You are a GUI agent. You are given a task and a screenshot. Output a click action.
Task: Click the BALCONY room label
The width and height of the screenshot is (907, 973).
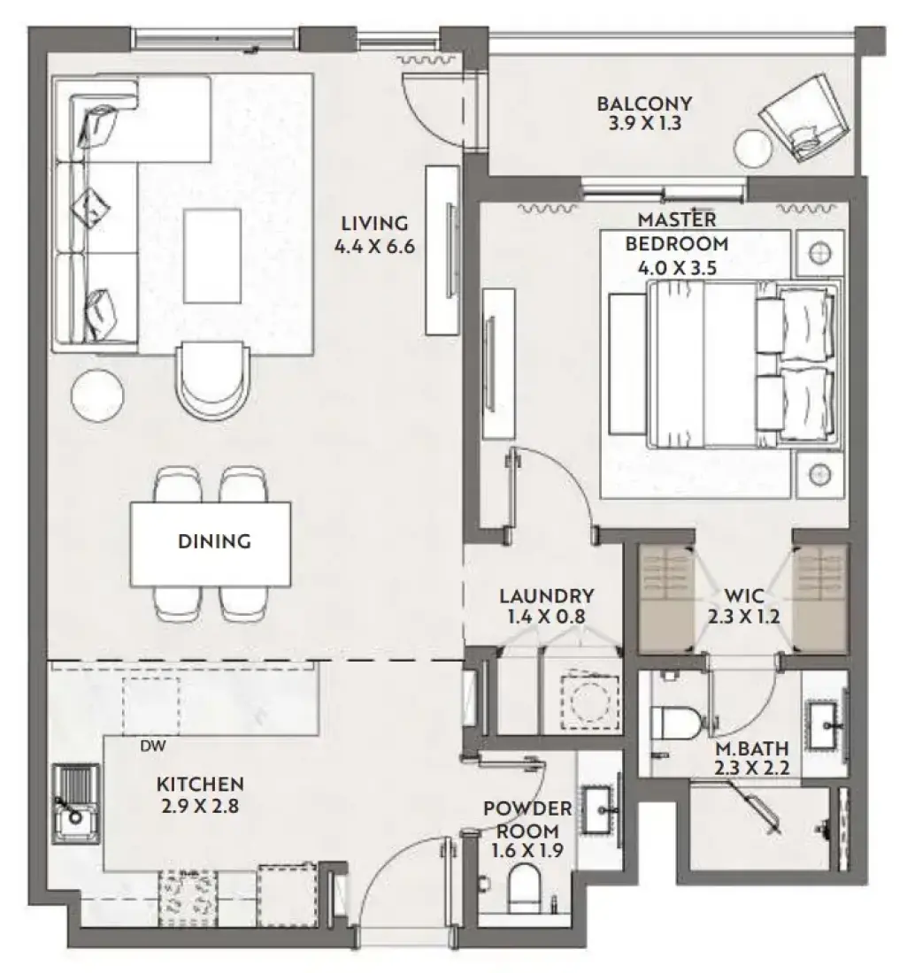coord(644,103)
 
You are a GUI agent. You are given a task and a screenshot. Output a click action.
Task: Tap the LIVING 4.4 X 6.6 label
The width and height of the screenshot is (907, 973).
coord(374,234)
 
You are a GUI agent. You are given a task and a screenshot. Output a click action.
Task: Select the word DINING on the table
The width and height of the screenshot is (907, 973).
coord(214,541)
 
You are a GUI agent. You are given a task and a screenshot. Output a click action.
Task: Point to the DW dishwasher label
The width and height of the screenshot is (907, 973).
coord(153,747)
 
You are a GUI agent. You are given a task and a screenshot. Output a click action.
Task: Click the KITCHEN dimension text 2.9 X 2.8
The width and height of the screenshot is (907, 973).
coord(201,806)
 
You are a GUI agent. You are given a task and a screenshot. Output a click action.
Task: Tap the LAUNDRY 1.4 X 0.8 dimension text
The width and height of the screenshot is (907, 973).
coord(546,617)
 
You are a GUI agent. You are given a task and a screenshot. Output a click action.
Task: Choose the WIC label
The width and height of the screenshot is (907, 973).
coord(743,596)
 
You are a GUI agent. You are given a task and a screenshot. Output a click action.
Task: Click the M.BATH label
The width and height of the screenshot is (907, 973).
coord(752,748)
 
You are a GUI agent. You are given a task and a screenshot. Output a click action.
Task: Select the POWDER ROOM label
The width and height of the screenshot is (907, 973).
coord(527,820)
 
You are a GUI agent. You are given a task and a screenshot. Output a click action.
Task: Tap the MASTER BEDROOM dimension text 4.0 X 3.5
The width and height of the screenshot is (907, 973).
coord(677,268)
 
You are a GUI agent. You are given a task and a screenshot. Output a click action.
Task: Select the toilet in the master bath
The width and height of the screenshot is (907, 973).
coord(676,723)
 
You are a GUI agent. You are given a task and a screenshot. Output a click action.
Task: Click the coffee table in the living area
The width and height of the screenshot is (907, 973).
coord(212,256)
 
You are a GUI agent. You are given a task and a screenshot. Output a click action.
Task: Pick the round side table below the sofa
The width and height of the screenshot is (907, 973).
coord(97,395)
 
